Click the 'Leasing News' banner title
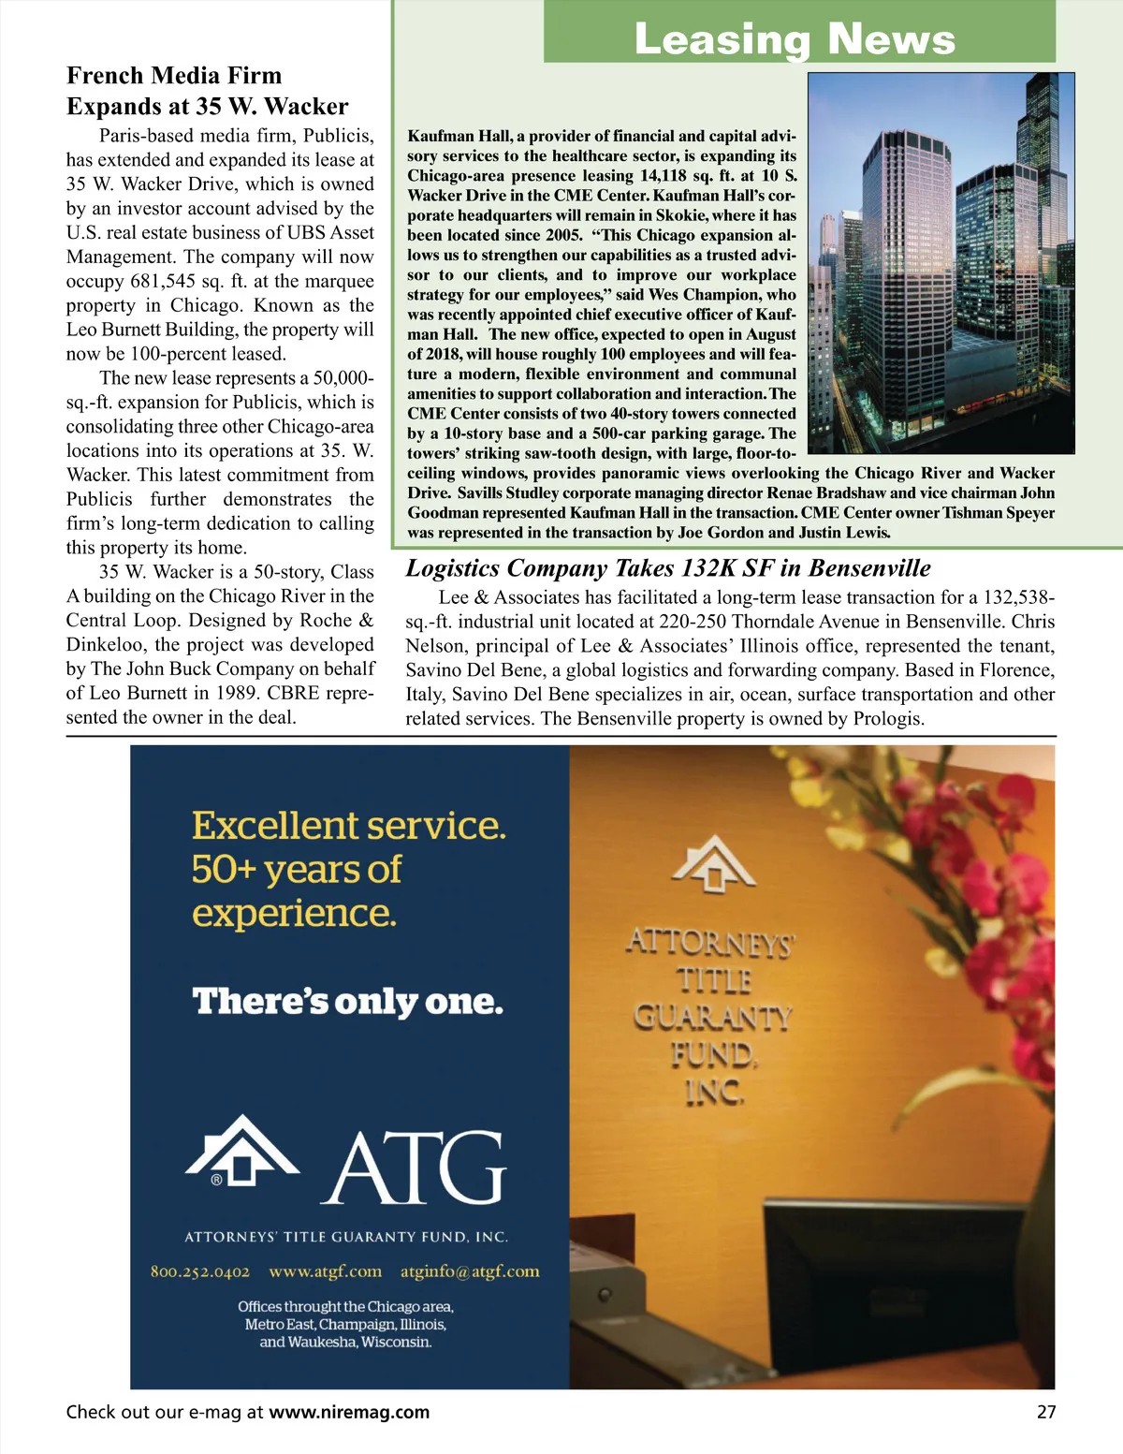click(795, 38)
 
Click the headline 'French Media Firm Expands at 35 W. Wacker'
click(207, 91)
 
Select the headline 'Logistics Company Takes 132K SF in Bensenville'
click(668, 568)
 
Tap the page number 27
click(1045, 1412)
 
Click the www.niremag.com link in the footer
click(349, 1412)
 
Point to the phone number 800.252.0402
click(200, 1271)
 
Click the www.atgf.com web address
click(325, 1271)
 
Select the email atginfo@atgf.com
click(470, 1271)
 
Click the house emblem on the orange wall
click(714, 863)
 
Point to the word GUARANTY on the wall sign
click(713, 1017)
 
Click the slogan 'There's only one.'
click(347, 1002)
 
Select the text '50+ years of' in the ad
click(297, 870)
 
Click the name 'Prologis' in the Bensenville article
click(887, 719)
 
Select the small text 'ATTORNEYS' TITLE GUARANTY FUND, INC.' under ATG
click(346, 1237)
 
